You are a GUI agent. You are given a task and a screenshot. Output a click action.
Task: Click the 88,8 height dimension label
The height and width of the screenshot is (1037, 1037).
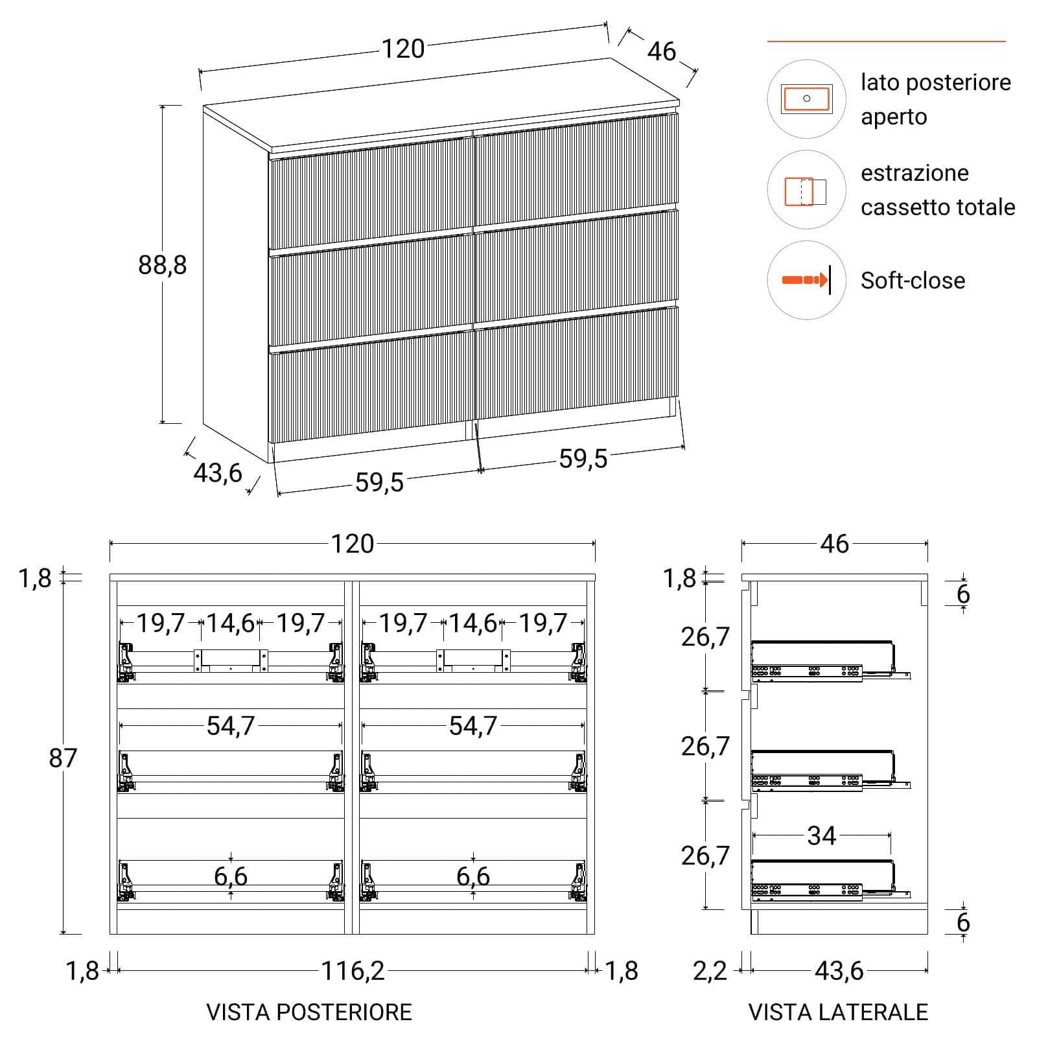coord(162,264)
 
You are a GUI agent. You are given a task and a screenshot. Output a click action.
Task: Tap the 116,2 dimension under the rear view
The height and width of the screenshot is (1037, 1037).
coord(353,970)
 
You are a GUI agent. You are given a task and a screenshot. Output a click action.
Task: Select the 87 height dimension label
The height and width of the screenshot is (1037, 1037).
coord(63,758)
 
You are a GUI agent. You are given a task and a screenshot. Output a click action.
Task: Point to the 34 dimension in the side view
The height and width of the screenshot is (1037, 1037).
coord(821,835)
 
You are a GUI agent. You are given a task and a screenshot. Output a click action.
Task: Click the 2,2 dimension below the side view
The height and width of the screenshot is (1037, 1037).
coord(710,971)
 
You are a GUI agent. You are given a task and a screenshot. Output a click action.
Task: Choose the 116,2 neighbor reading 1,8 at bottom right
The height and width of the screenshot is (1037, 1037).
coord(621,971)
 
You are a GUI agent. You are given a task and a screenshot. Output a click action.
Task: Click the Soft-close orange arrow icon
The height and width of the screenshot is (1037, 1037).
coord(806,280)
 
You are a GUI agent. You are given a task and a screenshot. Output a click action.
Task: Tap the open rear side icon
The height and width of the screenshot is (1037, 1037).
coord(806,99)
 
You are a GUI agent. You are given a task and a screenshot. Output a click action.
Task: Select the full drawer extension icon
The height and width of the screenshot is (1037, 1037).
coord(806,191)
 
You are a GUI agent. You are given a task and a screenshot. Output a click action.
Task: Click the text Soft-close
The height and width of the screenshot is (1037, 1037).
coord(913,281)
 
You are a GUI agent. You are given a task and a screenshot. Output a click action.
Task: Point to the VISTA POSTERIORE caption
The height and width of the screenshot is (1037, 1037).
coord(309,1012)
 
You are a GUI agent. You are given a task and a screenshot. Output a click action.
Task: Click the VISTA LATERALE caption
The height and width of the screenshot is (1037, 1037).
coord(838,1012)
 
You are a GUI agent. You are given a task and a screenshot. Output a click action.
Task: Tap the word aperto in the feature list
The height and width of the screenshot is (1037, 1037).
coord(894,117)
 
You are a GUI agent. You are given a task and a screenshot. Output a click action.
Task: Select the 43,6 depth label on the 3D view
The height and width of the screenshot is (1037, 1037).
coord(218,472)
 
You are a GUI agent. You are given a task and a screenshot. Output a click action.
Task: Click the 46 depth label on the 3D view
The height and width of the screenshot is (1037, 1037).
coord(661,51)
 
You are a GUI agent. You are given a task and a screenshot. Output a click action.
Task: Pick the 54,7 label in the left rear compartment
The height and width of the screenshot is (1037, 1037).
coord(231,726)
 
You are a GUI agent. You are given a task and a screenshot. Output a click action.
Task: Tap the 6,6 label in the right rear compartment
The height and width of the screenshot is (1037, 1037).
coord(473,876)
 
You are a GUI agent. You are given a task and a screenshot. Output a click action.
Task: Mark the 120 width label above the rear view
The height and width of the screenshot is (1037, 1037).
coord(353,544)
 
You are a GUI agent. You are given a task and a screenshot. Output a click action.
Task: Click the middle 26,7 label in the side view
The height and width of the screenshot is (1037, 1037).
coord(705,747)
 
